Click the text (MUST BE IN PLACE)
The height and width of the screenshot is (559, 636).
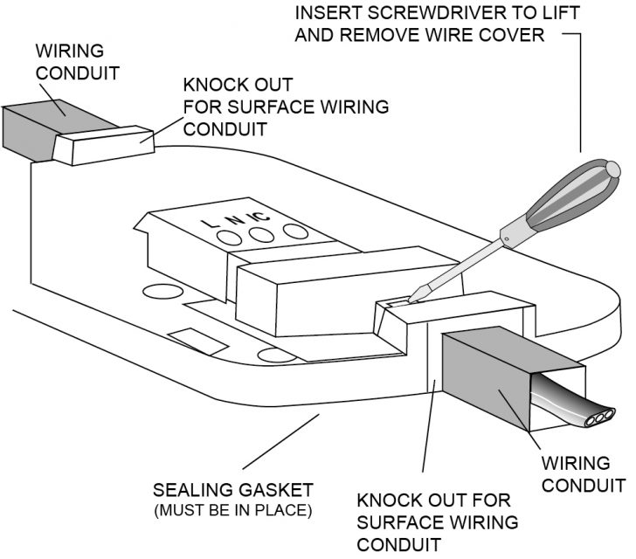(x=232, y=508)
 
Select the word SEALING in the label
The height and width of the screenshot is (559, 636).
(x=188, y=488)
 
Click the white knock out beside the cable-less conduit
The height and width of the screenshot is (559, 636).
(x=103, y=146)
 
